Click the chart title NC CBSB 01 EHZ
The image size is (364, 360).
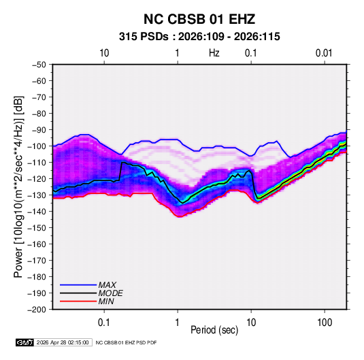point(199,19)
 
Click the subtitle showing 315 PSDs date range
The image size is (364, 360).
point(199,37)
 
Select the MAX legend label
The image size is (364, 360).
point(107,284)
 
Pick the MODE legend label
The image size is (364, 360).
point(110,293)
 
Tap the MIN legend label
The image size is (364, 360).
point(106,301)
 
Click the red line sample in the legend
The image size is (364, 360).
point(78,301)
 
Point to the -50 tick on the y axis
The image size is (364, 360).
point(39,65)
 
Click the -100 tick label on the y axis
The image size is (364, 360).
point(37,146)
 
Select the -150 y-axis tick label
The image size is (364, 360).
point(37,228)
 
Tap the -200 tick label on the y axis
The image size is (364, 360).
point(37,310)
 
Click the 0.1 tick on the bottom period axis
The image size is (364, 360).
point(104,323)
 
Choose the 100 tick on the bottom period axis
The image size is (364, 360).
point(325,323)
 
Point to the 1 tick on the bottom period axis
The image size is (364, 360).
point(177,323)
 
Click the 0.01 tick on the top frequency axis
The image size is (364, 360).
point(324,53)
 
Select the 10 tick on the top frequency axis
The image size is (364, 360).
point(104,53)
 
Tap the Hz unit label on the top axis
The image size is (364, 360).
point(214,53)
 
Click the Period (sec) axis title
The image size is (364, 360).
point(214,330)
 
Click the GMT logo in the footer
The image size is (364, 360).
point(25,342)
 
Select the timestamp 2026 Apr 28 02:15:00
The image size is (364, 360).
point(63,342)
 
